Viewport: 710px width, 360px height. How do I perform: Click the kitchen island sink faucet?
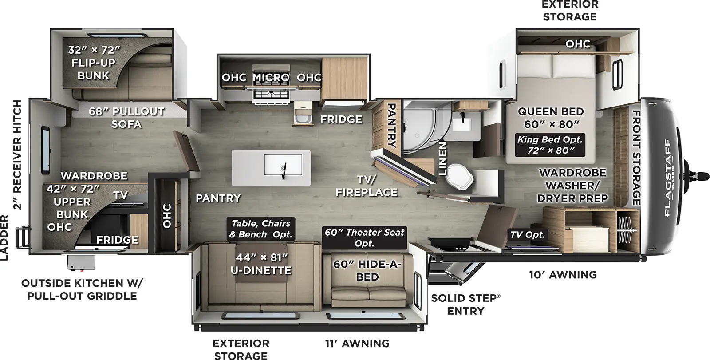click(284, 168)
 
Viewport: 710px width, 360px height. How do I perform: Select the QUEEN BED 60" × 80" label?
click(551, 118)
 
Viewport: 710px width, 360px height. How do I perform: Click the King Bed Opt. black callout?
click(550, 145)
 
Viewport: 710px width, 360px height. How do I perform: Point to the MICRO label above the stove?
click(271, 78)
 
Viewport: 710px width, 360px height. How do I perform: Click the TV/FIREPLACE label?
click(367, 186)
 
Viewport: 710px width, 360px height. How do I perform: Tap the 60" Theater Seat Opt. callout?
click(364, 237)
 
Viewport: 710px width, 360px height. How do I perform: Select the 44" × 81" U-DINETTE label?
click(261, 264)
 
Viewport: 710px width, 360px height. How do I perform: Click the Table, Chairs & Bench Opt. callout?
click(261, 229)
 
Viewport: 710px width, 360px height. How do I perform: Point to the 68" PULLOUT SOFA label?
click(126, 118)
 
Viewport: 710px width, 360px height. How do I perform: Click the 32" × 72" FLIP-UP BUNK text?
click(94, 63)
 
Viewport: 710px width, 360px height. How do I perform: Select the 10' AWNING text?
click(563, 275)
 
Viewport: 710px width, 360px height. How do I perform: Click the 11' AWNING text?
click(357, 343)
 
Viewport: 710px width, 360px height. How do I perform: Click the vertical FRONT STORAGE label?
click(636, 158)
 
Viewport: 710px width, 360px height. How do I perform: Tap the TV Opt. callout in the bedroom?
click(527, 235)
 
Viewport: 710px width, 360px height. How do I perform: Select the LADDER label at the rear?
click(4, 237)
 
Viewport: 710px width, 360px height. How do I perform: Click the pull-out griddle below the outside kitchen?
click(81, 263)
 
